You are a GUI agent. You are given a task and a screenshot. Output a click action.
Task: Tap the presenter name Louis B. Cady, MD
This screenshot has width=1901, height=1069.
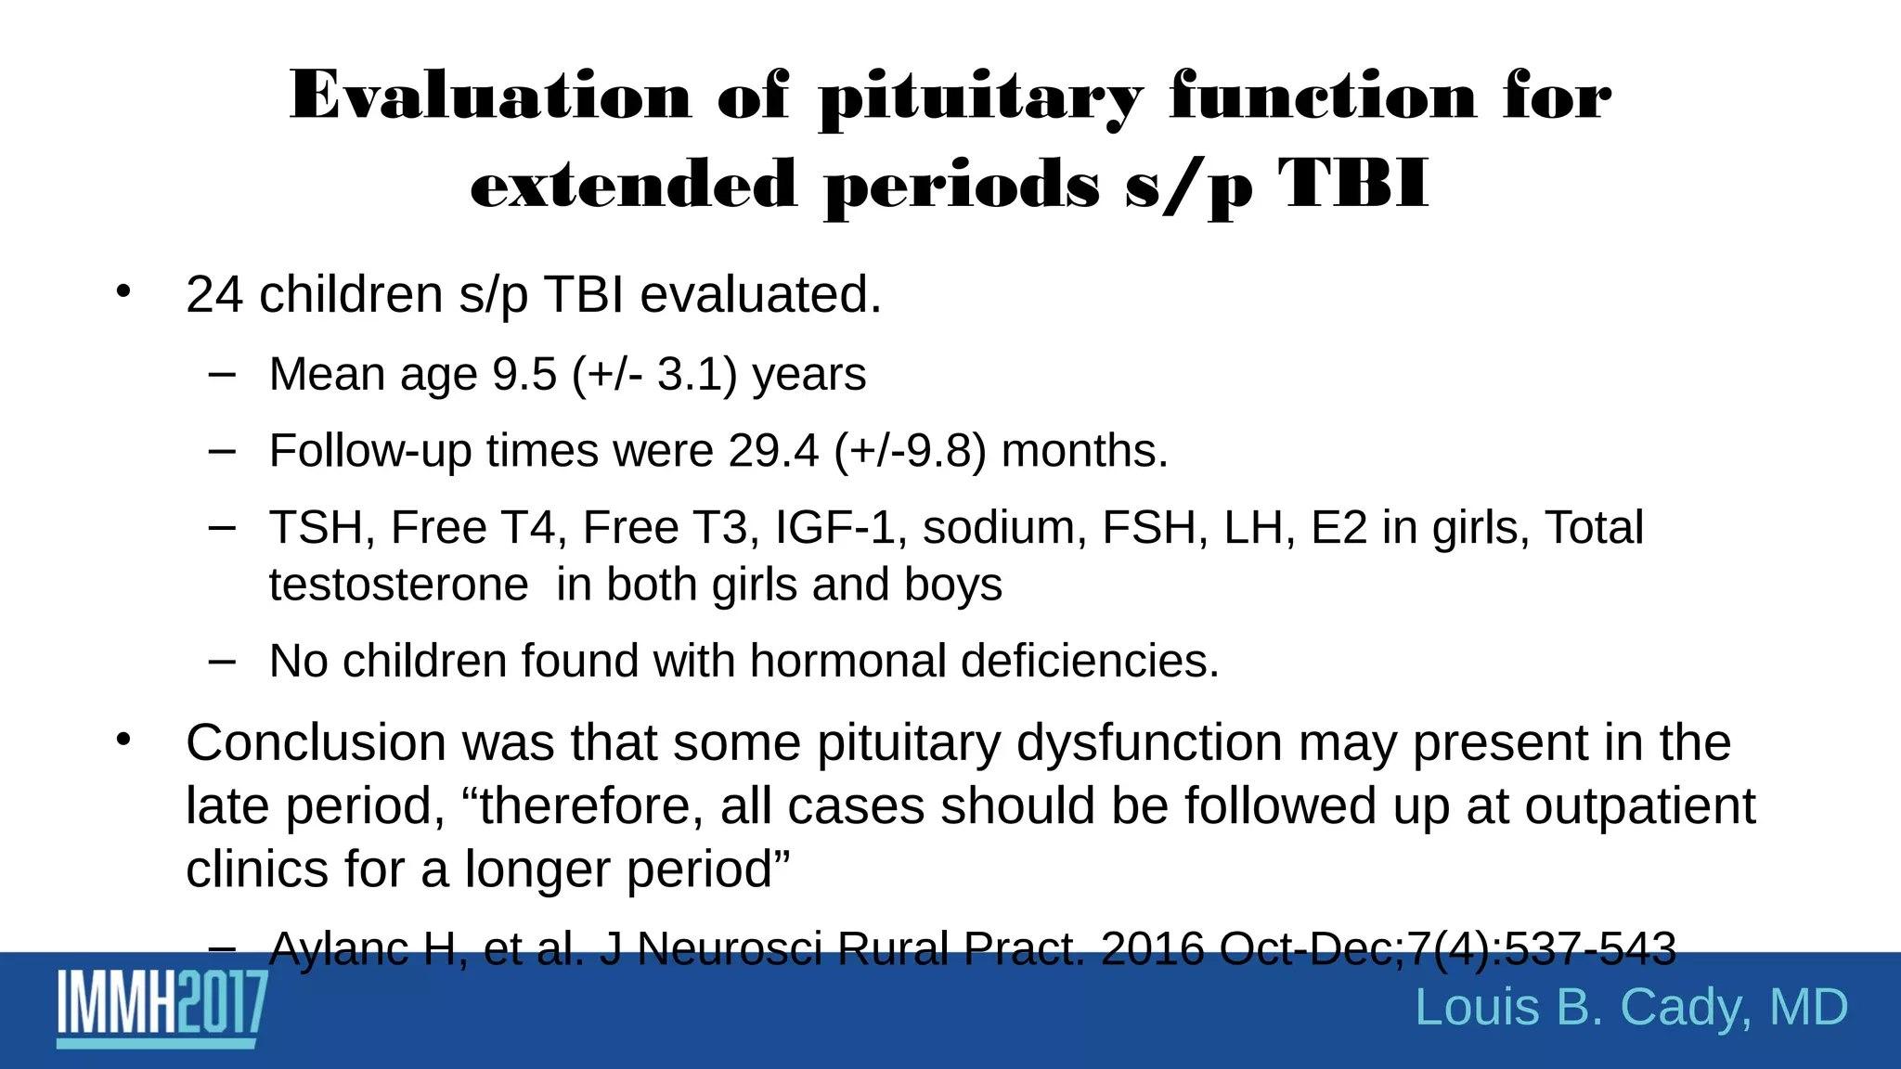coord(1631,1008)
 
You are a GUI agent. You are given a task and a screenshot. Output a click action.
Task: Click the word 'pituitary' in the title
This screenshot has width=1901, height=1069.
coord(980,98)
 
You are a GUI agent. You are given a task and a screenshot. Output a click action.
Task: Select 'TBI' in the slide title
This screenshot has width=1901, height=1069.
coord(1352,185)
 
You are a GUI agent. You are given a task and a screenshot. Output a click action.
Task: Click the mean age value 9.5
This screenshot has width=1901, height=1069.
coord(524,375)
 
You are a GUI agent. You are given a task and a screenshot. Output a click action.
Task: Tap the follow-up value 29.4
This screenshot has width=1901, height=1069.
coord(773,451)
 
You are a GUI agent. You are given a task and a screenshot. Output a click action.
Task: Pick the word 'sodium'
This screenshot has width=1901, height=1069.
coord(1004,528)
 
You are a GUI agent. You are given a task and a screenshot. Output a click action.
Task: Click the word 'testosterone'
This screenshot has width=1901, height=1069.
coord(398,586)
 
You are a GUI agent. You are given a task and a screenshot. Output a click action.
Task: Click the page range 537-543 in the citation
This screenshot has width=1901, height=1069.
coord(1589,949)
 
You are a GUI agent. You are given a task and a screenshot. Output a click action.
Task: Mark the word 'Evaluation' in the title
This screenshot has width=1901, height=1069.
coord(490,97)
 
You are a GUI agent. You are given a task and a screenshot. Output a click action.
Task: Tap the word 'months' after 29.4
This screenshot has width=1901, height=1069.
coord(1079,451)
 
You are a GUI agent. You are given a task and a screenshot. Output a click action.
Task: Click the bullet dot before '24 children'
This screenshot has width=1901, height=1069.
coord(123,291)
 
